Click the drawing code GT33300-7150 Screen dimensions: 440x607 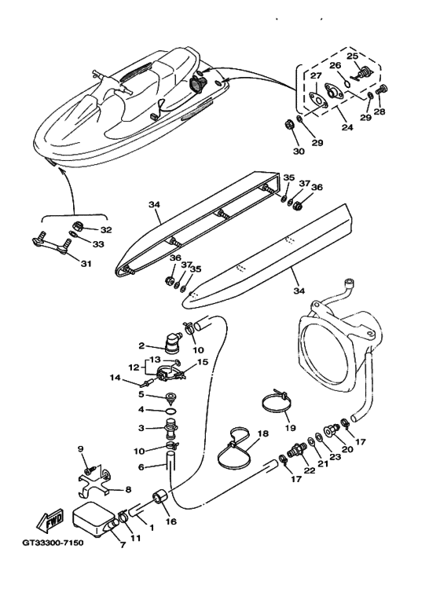click(x=53, y=543)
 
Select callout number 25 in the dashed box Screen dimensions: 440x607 click(x=353, y=57)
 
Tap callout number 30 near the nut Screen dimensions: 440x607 click(x=299, y=151)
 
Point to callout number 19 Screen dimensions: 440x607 click(x=290, y=428)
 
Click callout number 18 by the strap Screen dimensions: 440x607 click(x=262, y=433)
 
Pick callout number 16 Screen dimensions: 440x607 click(x=170, y=521)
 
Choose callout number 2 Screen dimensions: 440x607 click(x=141, y=346)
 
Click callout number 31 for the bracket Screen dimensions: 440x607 click(x=86, y=264)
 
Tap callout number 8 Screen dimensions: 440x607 click(x=128, y=490)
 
